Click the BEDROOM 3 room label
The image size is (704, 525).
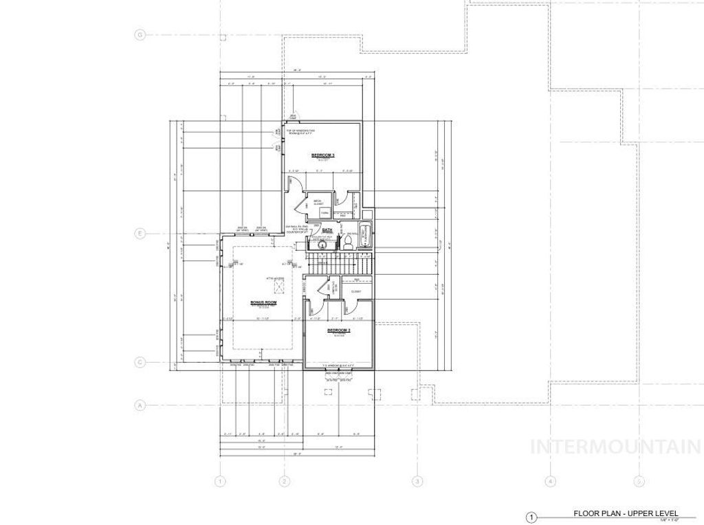(322, 155)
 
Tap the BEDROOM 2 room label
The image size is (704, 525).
(340, 331)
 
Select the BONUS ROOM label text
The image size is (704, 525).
(263, 302)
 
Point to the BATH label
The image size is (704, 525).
(327, 231)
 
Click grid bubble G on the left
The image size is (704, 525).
(140, 35)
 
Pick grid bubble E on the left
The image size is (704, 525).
(140, 234)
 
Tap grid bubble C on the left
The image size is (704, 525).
(140, 361)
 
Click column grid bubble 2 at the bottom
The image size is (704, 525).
(283, 481)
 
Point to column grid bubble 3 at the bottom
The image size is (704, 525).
(417, 481)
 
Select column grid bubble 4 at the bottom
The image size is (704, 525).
(550, 481)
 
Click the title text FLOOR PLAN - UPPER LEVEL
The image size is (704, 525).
(626, 513)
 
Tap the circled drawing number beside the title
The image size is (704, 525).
(531, 517)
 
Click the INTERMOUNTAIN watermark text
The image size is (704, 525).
(615, 447)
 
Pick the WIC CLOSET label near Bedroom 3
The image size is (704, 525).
(318, 203)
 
